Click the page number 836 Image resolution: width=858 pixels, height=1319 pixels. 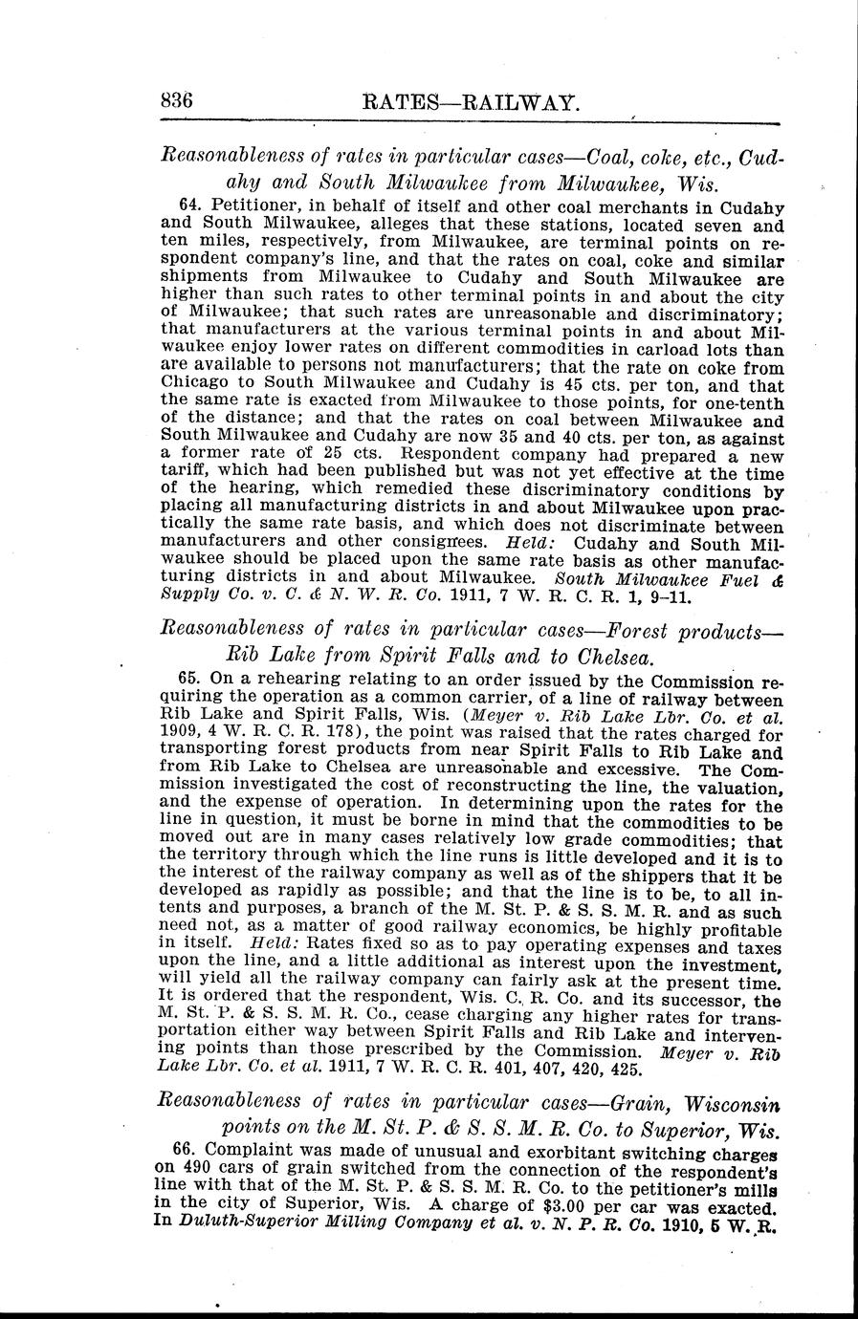tap(178, 98)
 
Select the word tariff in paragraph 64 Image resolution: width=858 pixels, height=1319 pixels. tap(186, 472)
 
